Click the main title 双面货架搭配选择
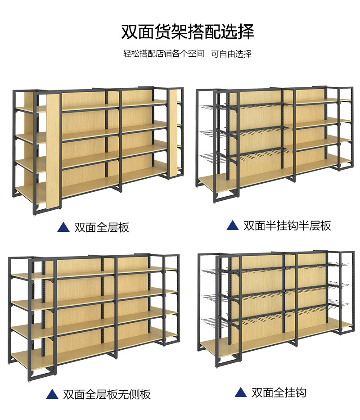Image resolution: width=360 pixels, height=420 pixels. coord(188,32)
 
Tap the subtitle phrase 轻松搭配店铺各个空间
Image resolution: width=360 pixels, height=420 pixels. coord(164,54)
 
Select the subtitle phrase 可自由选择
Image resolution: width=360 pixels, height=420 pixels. coord(231,54)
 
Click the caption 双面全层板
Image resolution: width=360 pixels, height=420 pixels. coord(102,227)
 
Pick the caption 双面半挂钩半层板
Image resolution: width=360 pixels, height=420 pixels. coord(287,226)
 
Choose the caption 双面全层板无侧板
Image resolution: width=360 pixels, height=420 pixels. coord(107,395)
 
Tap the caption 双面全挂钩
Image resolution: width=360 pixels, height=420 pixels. coord(279,393)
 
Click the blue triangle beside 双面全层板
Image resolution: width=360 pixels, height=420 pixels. coord(63,227)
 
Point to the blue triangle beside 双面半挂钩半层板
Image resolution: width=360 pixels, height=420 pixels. coord(232,226)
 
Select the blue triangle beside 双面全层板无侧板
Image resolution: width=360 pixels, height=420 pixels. coord(52,395)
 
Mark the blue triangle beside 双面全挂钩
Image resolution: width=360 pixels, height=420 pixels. coord(241,393)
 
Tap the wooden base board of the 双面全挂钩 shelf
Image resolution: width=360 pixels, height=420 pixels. coord(270,344)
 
